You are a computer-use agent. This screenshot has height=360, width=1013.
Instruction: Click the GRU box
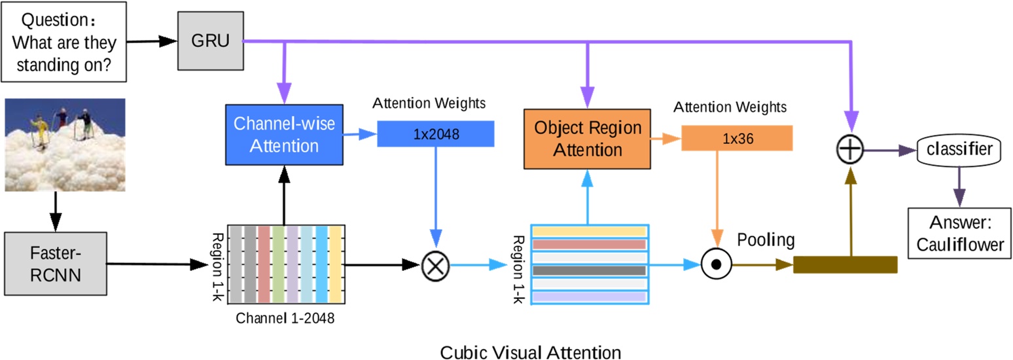tap(210, 43)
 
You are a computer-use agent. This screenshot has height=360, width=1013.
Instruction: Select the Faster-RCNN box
tap(55, 264)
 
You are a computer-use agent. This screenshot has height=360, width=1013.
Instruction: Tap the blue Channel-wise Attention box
tap(285, 134)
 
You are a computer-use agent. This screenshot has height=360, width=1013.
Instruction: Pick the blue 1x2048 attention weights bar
tap(436, 134)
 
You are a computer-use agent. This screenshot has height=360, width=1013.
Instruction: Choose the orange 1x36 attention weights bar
tap(737, 137)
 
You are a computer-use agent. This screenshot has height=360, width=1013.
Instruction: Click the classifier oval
tap(959, 150)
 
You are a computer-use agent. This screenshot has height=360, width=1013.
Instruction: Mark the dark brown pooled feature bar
tap(844, 265)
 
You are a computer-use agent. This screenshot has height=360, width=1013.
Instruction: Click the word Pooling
tap(766, 240)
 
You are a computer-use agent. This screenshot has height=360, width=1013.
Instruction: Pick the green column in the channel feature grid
tap(278, 265)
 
